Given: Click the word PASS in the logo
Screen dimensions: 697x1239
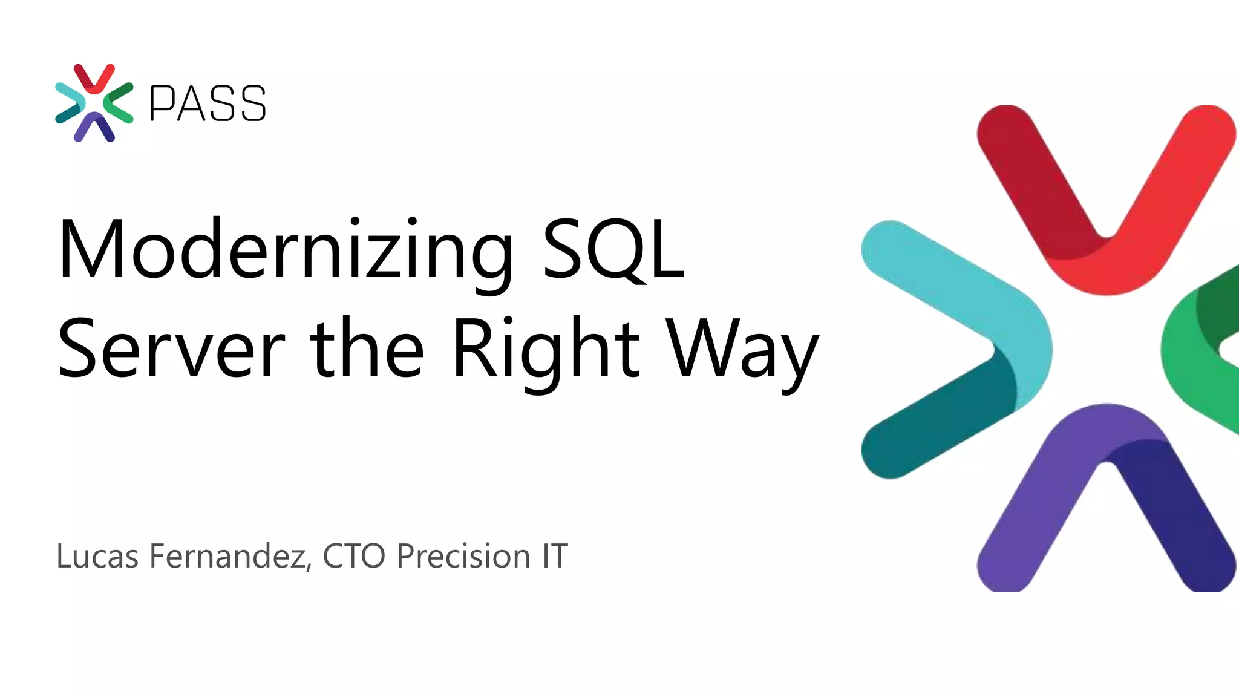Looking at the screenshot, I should [208, 103].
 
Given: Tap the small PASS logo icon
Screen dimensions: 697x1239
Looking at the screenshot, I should [94, 103].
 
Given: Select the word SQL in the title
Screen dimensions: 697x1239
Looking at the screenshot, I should [613, 249].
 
